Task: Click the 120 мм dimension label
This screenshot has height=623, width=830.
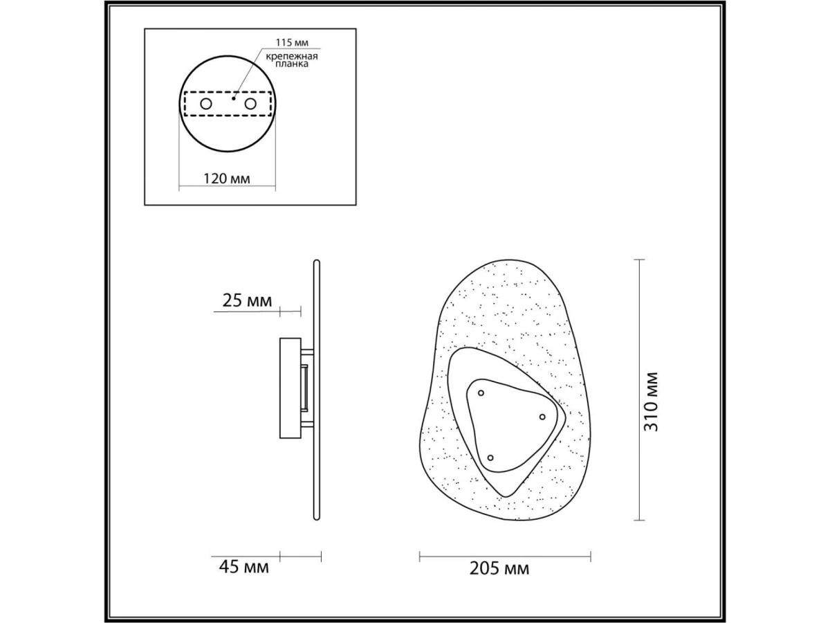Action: point(226,178)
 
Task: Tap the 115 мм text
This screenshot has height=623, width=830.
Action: point(292,42)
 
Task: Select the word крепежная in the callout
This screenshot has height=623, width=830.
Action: point(292,57)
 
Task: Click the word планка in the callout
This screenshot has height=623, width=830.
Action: point(292,64)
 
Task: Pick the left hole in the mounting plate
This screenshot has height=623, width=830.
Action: point(206,104)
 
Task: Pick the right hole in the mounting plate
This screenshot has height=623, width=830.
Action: point(250,104)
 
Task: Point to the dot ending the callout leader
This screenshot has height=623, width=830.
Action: point(234,98)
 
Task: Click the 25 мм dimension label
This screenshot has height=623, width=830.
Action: point(247,300)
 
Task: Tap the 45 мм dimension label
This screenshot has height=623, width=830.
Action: point(244,567)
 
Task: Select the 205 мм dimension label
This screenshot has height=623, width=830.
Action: point(499,568)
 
